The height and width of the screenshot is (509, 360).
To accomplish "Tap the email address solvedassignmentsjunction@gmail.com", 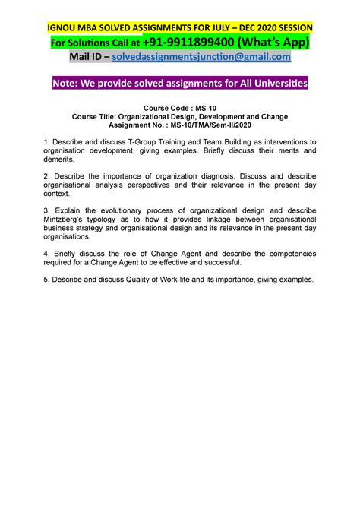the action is tap(201, 58).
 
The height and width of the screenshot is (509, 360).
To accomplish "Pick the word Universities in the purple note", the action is tap(276, 85).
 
